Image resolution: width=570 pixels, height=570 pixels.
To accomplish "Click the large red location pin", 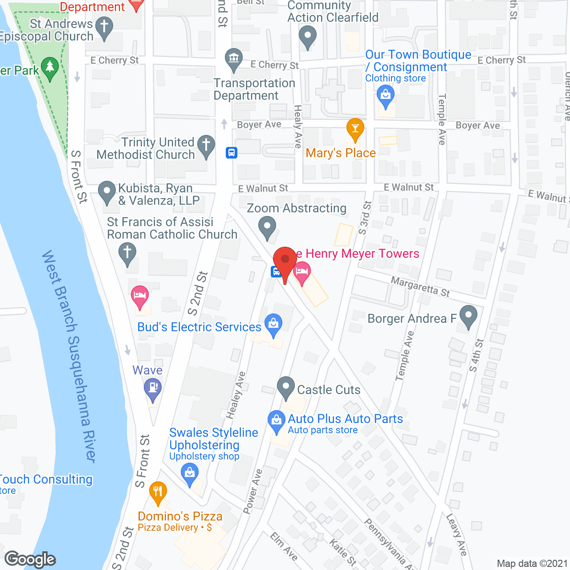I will [x=285, y=261].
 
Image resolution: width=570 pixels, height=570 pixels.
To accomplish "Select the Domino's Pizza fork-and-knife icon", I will [x=158, y=492].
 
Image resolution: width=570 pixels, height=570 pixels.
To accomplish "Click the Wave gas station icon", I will [x=153, y=387].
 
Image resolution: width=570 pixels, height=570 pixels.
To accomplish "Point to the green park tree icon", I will [x=50, y=68].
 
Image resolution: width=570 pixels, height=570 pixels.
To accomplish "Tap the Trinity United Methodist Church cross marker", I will [x=206, y=145].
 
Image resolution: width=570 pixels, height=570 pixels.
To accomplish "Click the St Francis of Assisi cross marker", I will [x=127, y=252].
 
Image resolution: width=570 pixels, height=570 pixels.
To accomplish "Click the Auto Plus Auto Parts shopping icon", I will [x=277, y=420].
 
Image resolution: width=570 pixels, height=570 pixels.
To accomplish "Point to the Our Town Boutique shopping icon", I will [x=386, y=95].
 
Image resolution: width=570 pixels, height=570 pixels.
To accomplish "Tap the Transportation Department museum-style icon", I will [x=234, y=58].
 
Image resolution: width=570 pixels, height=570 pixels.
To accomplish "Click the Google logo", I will [x=30, y=559].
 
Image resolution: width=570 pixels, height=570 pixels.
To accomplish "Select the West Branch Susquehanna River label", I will [x=69, y=356].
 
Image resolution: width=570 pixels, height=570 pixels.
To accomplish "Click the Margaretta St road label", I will [x=420, y=286].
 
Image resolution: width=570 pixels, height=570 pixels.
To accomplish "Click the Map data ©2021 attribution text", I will [x=532, y=564].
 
